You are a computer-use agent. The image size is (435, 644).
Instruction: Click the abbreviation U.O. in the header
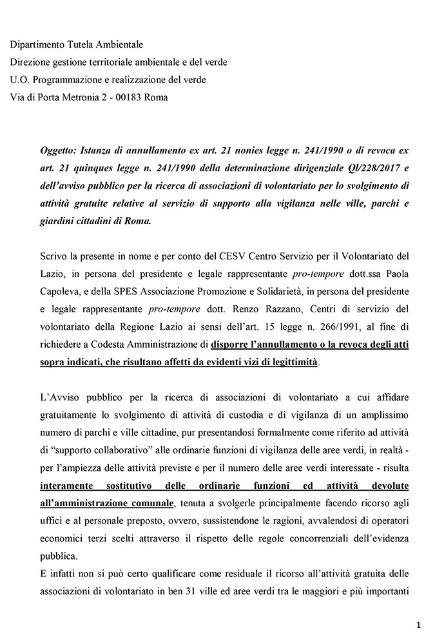click(21, 80)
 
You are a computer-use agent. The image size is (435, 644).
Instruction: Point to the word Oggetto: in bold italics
click(59, 149)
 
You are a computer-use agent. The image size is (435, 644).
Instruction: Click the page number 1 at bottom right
click(418, 624)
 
